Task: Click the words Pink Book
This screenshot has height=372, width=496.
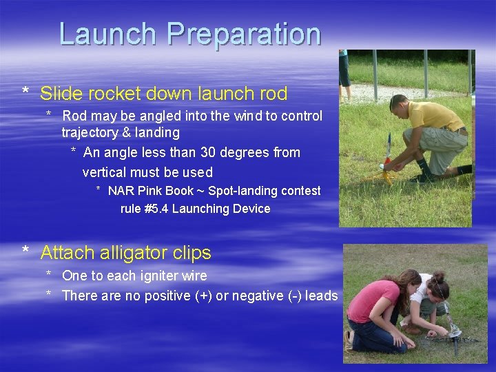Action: (165, 191)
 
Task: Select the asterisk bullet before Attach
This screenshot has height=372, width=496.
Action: (25, 254)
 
